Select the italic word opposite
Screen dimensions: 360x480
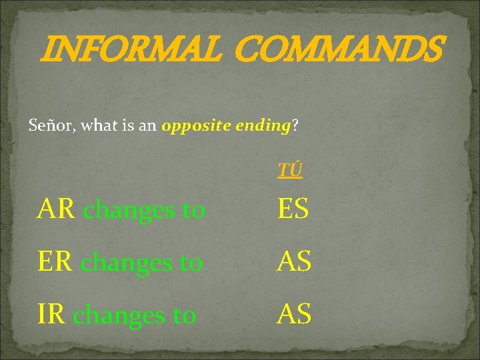(194, 125)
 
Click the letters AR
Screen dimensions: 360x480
(57, 210)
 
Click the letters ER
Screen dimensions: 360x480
(57, 262)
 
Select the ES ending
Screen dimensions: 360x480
(293, 210)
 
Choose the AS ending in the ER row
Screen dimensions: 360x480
(295, 262)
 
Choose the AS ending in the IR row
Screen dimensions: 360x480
(295, 314)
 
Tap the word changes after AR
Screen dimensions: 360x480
(130, 211)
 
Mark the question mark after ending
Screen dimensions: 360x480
(295, 125)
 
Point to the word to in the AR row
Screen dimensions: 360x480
(194, 211)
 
